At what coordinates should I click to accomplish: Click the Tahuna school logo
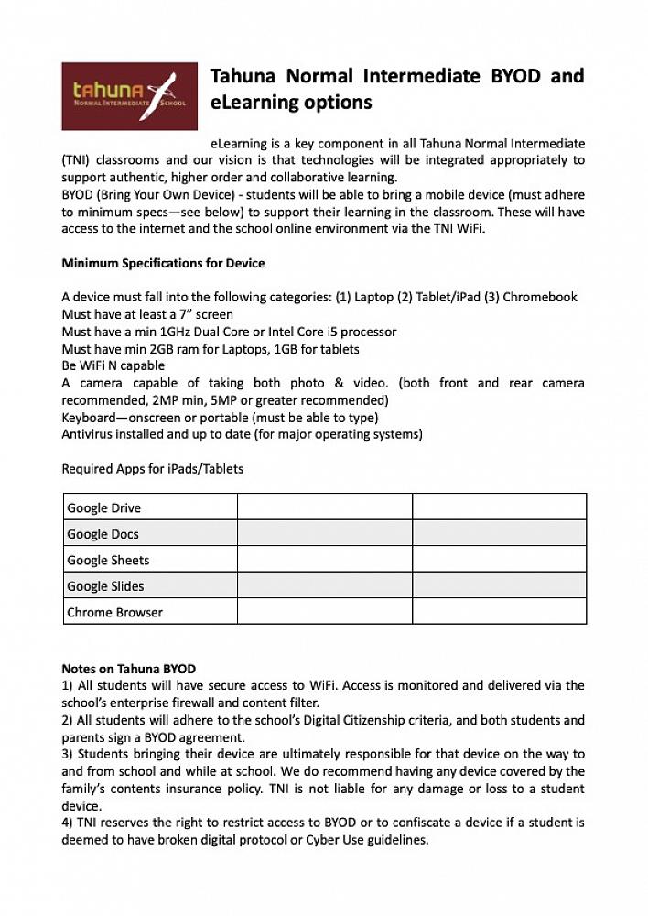coord(129,95)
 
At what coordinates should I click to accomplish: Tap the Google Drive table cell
coord(150,507)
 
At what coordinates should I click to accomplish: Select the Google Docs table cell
coord(150,533)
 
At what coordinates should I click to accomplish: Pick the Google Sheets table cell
coord(150,560)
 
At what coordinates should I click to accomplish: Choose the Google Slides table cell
coord(150,585)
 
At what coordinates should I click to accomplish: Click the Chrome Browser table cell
coord(150,611)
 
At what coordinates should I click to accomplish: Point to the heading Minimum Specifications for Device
coord(163,263)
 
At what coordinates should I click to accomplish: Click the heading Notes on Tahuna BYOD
coord(128,669)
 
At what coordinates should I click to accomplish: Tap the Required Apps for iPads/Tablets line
coord(152,469)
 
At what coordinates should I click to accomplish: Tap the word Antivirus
coord(87,434)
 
